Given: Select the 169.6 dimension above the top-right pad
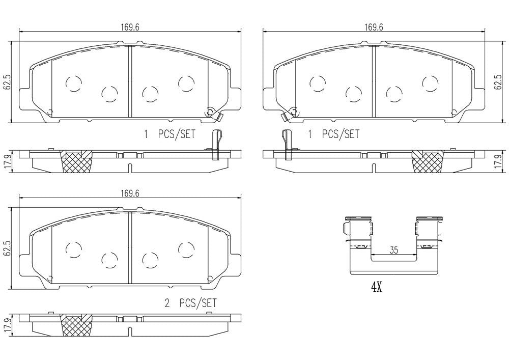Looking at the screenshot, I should pyautogui.click(x=374, y=27).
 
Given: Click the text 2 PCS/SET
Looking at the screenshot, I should pyautogui.click(x=190, y=303).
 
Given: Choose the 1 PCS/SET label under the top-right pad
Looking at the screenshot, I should pyautogui.click(x=333, y=134).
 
